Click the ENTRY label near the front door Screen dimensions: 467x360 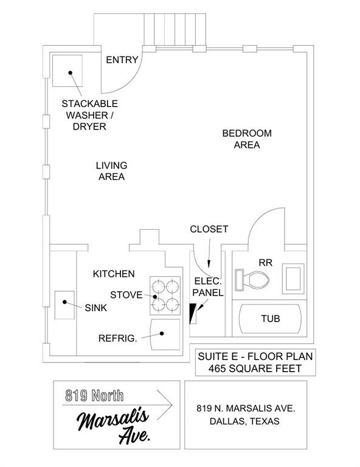coord(122,60)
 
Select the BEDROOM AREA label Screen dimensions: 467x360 coord(246,139)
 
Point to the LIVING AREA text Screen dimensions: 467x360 coord(111,171)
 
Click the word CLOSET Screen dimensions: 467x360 coord(209,229)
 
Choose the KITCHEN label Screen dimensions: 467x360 coord(114,274)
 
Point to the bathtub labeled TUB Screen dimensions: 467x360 coord(270,319)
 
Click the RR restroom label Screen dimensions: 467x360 coord(266,263)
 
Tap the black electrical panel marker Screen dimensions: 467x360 coord(193,313)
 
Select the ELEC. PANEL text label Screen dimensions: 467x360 coord(208,286)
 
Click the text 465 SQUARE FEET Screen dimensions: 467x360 coord(255,368)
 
